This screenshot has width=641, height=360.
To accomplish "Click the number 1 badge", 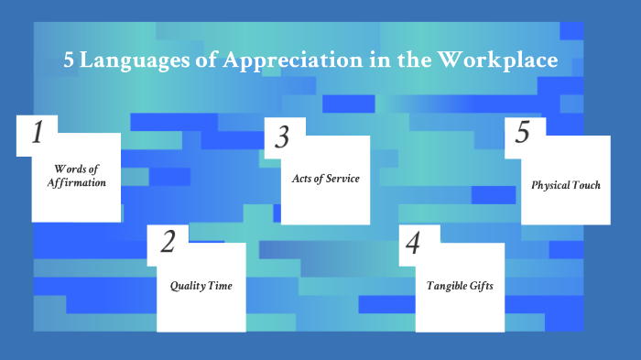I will (38, 134).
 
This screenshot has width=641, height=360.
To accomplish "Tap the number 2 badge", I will (168, 243).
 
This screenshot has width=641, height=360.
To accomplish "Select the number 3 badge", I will (282, 137).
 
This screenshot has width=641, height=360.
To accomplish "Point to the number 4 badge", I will (412, 244).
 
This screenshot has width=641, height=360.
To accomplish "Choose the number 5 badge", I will (523, 133).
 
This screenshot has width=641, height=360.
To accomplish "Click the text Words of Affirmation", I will (76, 176).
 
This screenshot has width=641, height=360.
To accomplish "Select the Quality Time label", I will (201, 286).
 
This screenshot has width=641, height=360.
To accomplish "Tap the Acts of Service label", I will (325, 178).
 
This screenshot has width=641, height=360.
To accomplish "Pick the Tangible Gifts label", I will (460, 286).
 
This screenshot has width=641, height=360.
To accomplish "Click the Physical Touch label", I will (566, 185).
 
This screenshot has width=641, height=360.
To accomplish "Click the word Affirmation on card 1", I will (76, 183).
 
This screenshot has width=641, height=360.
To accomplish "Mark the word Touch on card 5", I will (585, 185).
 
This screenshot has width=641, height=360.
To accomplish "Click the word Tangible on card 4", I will (446, 286).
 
